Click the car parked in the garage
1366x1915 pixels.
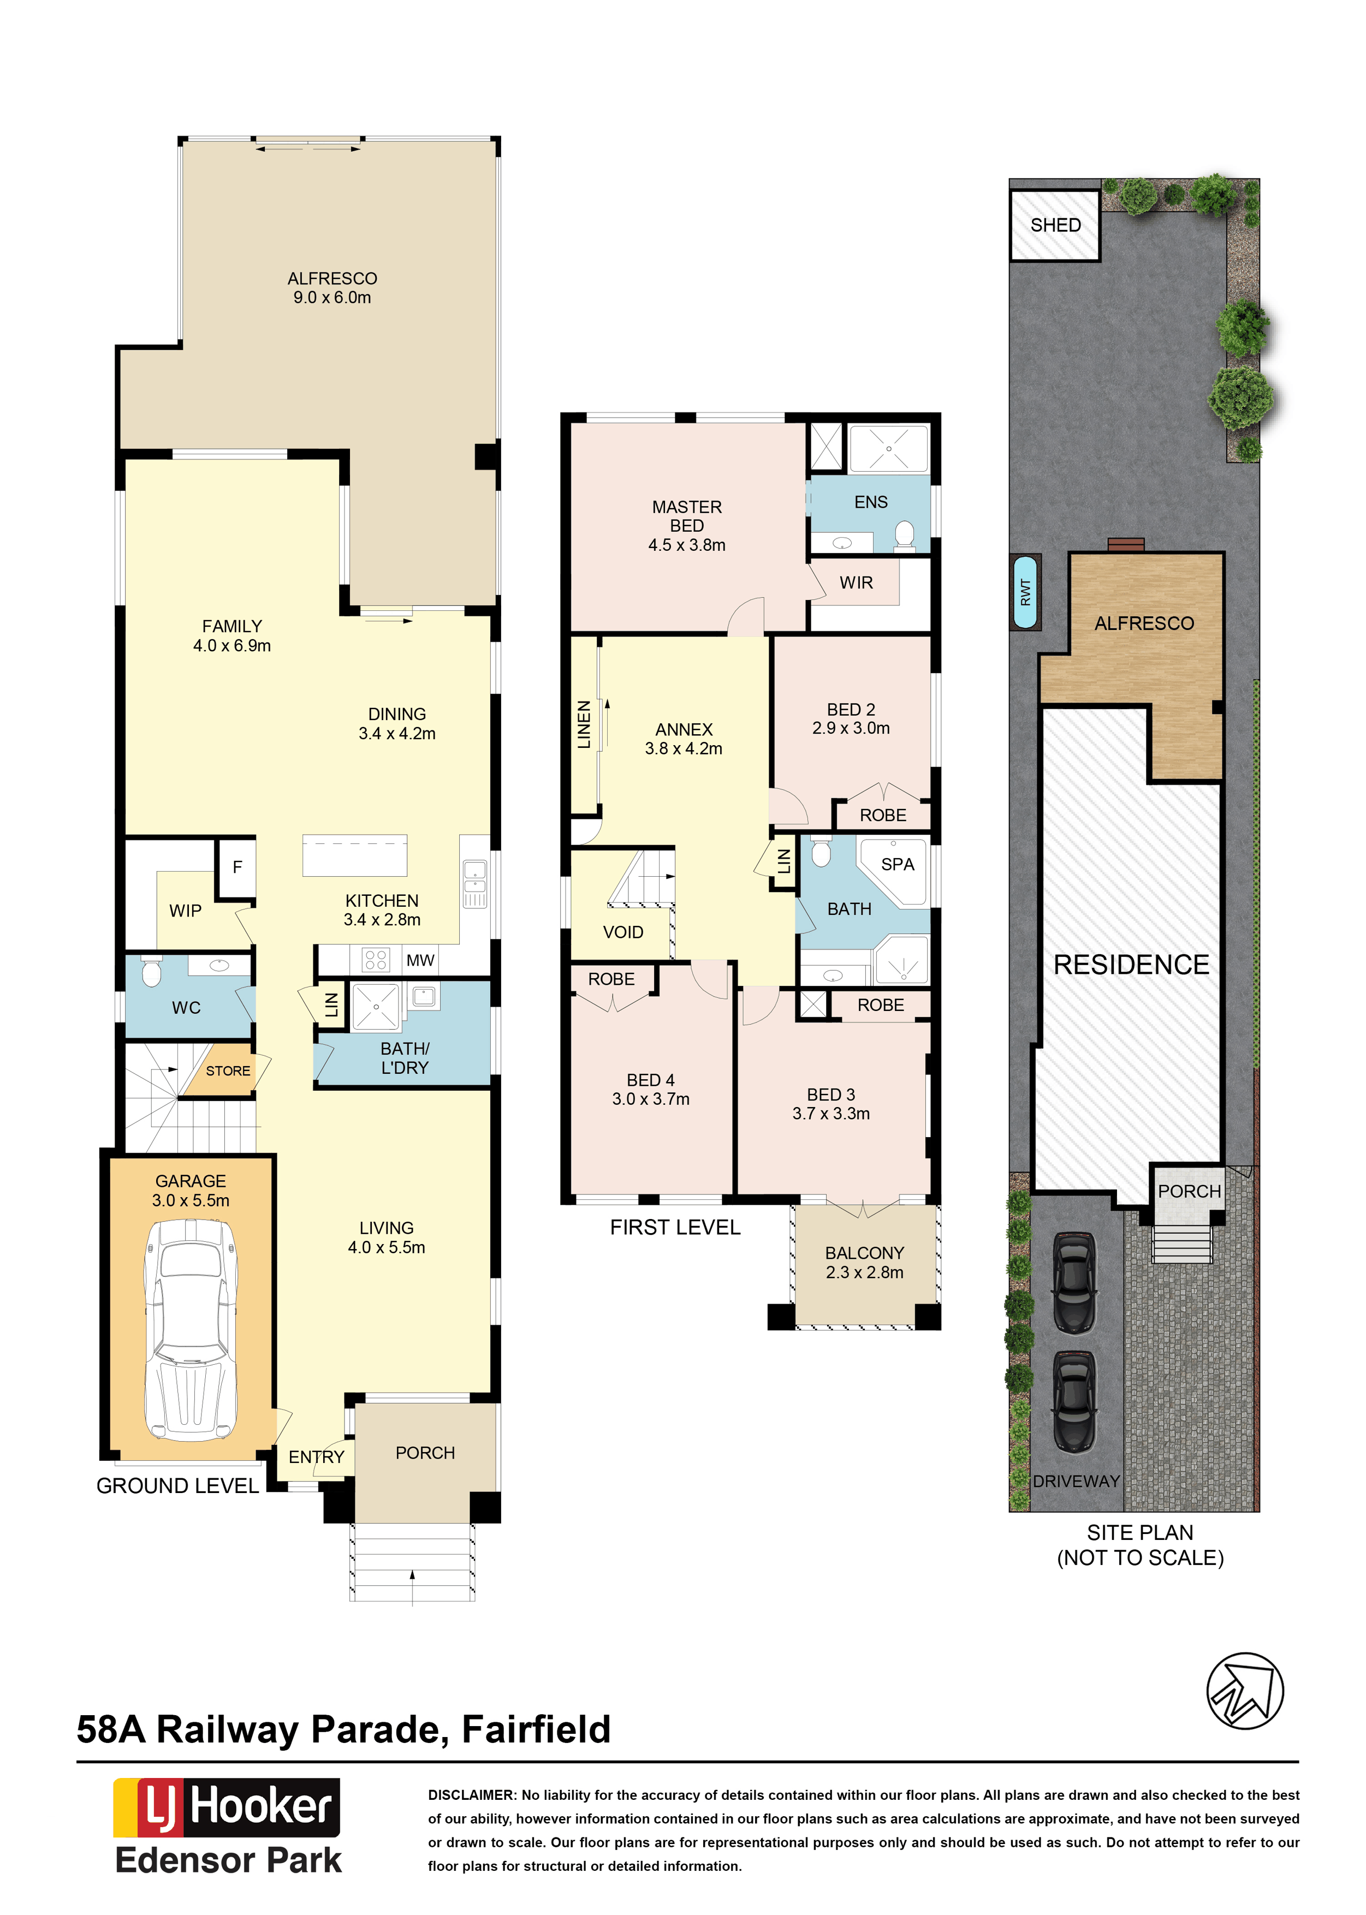[x=192, y=1330]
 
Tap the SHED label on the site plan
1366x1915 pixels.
[x=1056, y=225]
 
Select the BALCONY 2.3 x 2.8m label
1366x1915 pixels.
[x=865, y=1262]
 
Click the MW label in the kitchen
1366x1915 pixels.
[x=420, y=960]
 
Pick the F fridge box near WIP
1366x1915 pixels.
[x=237, y=867]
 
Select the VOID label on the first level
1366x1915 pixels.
[x=623, y=932]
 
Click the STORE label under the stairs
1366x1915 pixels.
[x=228, y=1071]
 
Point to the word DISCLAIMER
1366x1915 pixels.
[x=471, y=1795]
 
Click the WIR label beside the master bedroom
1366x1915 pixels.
[x=856, y=583]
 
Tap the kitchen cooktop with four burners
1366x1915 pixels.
[x=376, y=960]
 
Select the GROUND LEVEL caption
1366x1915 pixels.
[x=177, y=1486]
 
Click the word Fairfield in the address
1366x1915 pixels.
[x=536, y=1729]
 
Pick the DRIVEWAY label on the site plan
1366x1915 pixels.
[x=1077, y=1481]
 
